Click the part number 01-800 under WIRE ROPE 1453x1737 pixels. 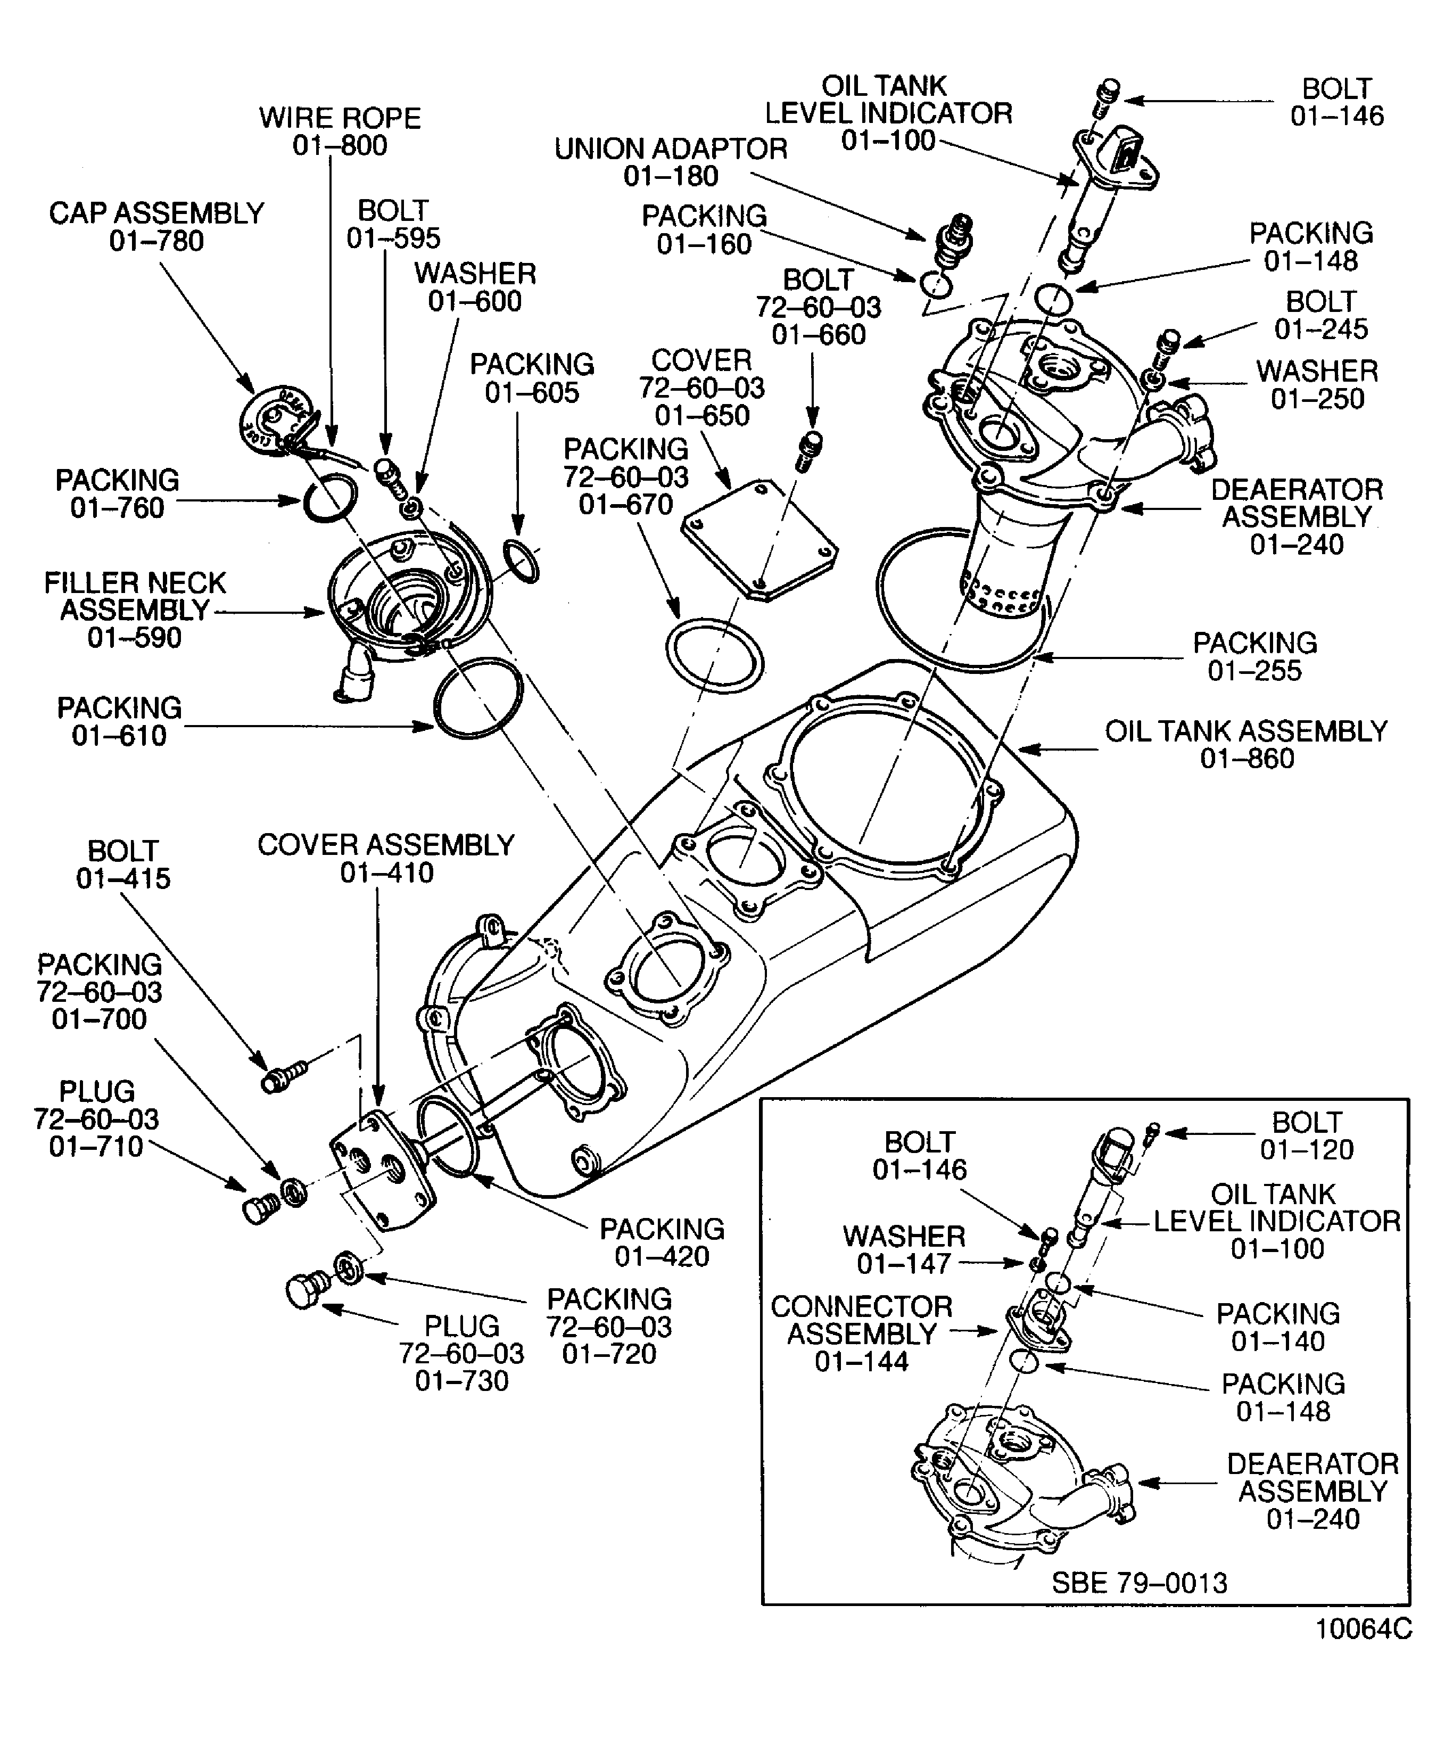(x=340, y=145)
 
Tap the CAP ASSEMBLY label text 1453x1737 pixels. (x=156, y=213)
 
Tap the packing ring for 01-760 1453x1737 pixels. (x=330, y=499)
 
